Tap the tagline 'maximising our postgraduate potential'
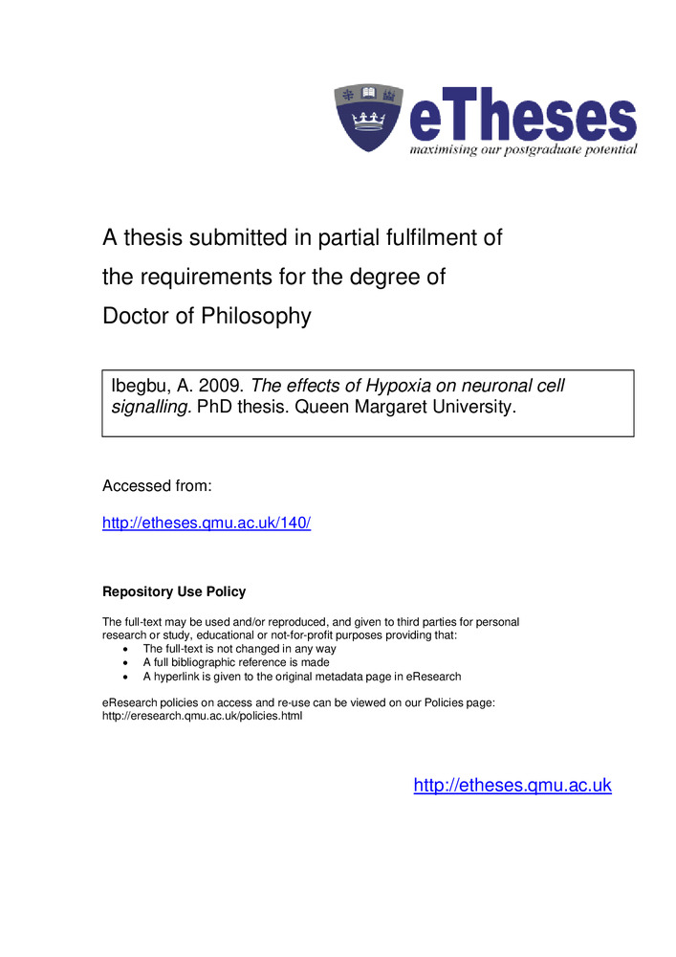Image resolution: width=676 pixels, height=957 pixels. click(523, 150)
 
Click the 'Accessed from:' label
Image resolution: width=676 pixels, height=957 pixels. click(157, 486)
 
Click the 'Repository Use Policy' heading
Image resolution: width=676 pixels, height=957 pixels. click(174, 591)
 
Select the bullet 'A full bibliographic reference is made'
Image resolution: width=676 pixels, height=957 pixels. click(236, 662)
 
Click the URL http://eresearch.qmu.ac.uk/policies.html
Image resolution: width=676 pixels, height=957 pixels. click(202, 717)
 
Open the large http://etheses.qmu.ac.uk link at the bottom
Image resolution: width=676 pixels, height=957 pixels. click(512, 786)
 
